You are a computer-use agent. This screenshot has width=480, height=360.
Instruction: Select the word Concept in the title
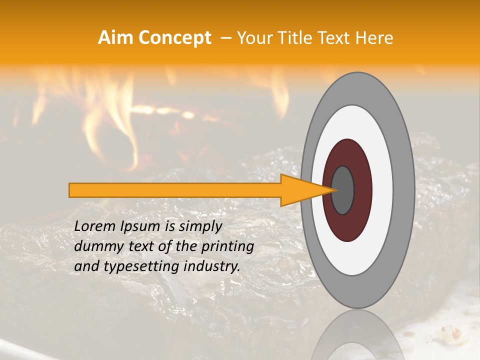tap(175, 38)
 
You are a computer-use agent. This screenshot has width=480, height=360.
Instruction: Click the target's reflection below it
tap(357, 335)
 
